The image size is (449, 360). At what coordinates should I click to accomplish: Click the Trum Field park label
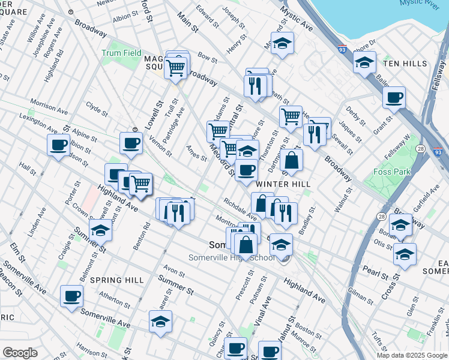(121, 53)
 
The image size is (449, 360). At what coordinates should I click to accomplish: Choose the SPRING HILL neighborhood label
(117, 280)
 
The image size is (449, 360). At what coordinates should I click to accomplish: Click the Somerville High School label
(232, 257)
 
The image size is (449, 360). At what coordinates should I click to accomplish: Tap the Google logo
(20, 352)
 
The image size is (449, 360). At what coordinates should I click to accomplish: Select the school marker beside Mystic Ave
(282, 43)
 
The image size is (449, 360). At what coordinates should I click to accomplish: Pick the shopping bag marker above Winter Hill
(291, 160)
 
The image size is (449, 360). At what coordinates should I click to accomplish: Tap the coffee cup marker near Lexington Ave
(59, 145)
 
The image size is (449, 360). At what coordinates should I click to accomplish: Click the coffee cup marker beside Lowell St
(131, 143)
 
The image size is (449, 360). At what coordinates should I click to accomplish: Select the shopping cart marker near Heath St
(291, 116)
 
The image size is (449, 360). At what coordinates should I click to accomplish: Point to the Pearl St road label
(376, 272)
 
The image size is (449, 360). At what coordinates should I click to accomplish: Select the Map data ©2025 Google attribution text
(411, 355)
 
